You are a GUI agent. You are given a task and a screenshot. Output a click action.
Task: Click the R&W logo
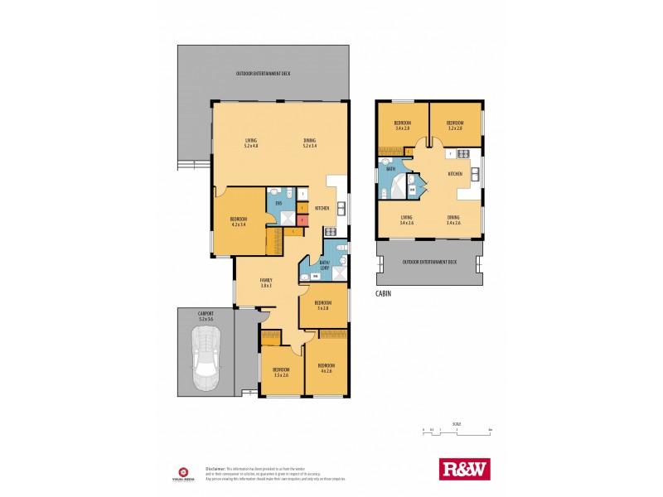click(x=463, y=469)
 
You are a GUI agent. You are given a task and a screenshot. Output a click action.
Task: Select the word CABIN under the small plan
click(x=384, y=292)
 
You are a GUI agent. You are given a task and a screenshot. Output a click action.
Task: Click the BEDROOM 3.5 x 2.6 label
click(x=282, y=372)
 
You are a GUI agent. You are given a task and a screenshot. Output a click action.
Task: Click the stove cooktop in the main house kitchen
click(x=330, y=231)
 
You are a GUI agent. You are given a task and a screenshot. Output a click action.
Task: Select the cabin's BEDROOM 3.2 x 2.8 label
click(x=455, y=125)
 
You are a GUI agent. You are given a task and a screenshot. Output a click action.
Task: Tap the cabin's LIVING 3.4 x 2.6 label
click(x=405, y=220)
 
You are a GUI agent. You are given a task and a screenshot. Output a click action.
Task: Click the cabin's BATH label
click(x=391, y=169)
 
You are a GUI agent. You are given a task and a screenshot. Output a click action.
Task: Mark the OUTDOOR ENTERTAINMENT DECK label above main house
click(x=263, y=74)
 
